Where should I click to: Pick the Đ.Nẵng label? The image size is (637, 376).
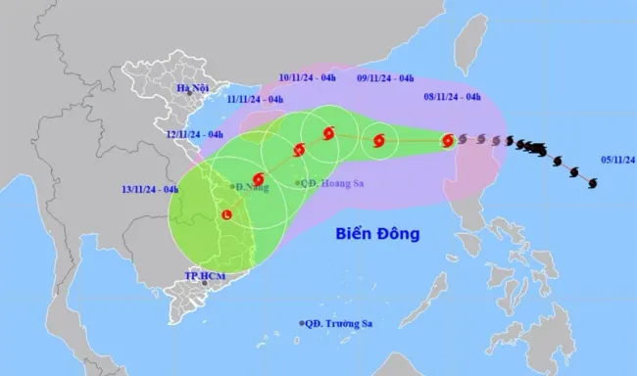[x=248, y=184]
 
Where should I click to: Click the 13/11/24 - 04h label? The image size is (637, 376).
[x=149, y=189]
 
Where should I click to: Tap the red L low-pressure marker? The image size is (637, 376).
[x=227, y=214]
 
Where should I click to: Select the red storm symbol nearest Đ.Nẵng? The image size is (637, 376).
[x=258, y=180]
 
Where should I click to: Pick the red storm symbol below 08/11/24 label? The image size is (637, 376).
[x=448, y=140]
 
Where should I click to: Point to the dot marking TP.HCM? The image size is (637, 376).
[x=204, y=284]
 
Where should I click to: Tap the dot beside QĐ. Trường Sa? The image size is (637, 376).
[x=302, y=323]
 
